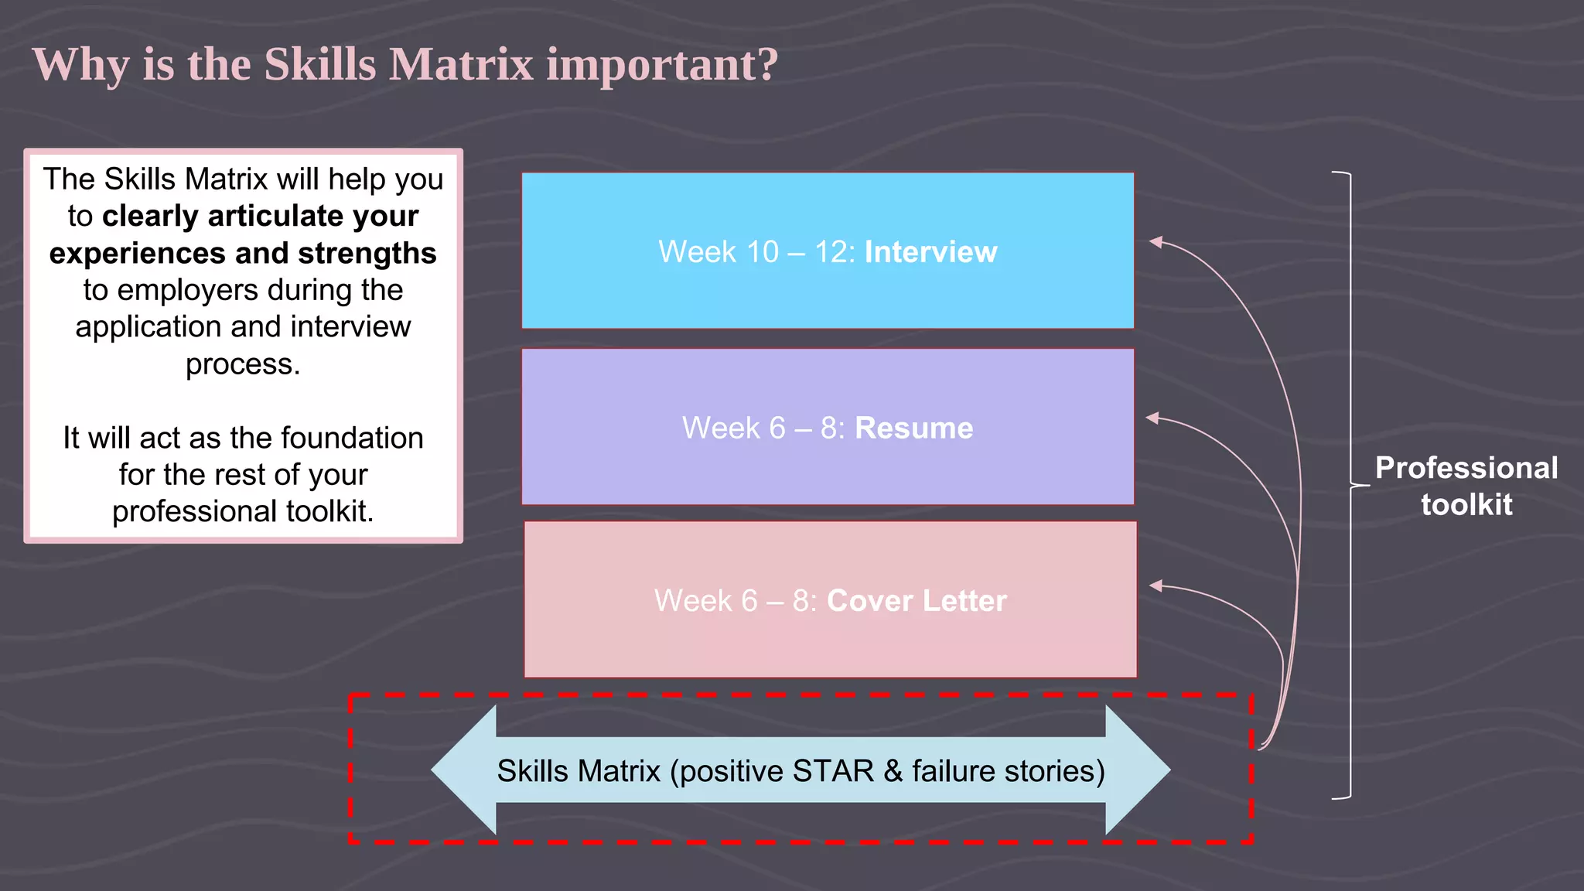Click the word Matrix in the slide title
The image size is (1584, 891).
click(x=461, y=64)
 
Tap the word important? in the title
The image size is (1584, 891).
click(x=662, y=64)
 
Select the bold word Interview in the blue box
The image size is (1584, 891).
click(x=930, y=252)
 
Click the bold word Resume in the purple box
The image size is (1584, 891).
click(x=913, y=428)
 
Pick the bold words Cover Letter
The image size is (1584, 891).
click(x=917, y=601)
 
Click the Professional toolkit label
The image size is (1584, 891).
click(x=1466, y=486)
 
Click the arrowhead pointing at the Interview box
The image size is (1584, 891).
click(x=1156, y=242)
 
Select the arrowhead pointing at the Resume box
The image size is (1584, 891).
click(x=1152, y=418)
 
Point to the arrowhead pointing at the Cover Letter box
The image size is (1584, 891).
click(x=1156, y=586)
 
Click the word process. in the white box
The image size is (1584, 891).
click(x=243, y=364)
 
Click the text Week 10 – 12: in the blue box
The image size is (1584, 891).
click(x=756, y=252)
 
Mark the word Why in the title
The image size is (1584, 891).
click(x=80, y=65)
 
